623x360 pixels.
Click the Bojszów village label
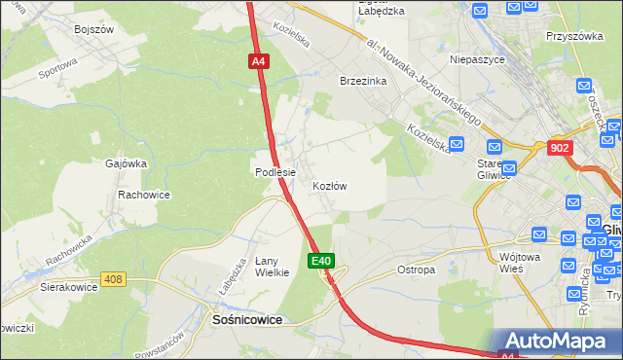pyautogui.click(x=94, y=29)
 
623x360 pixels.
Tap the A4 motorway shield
pyautogui.click(x=258, y=61)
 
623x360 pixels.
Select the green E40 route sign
pyautogui.click(x=323, y=261)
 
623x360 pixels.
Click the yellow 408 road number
pyautogui.click(x=114, y=280)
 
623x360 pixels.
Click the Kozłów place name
pyautogui.click(x=330, y=185)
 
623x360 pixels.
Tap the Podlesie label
pyautogui.click(x=275, y=172)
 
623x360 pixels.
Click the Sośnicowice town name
pyautogui.click(x=247, y=318)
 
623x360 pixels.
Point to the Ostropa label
pyautogui.click(x=416, y=270)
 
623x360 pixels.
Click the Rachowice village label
pyautogui.click(x=144, y=195)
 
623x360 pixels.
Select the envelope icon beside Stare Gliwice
pyautogui.click(x=495, y=147)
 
